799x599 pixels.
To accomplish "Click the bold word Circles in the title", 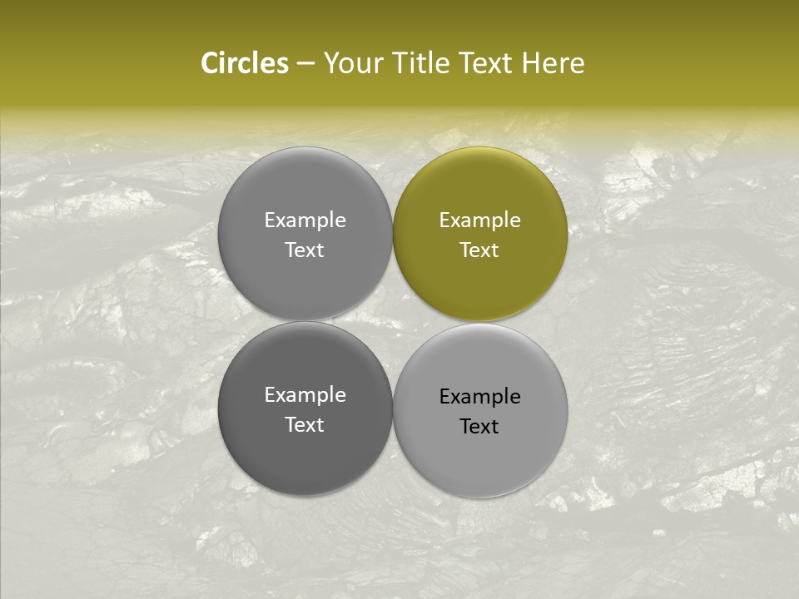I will (245, 63).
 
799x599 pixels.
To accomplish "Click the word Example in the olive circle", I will (480, 220).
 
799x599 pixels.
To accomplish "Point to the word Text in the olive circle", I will (479, 250).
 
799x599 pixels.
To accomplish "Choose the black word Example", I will (480, 397).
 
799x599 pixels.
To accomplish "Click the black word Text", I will (479, 427).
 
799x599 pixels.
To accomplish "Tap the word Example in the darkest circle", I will (305, 395).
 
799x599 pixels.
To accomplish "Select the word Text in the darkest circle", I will (305, 425).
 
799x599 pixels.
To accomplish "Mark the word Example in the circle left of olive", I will (305, 220).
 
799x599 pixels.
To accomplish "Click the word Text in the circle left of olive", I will (305, 250).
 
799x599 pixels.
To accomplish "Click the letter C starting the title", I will (210, 63).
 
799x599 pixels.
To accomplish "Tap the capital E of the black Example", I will (444, 397).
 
